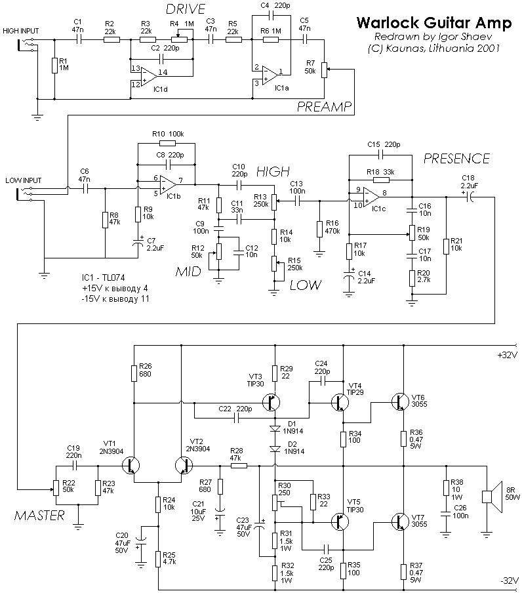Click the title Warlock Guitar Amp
point(434,23)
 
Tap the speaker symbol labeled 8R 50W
point(491,497)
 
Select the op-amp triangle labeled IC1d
point(148,77)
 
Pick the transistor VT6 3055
point(400,402)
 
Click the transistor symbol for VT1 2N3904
point(131,465)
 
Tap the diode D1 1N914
point(275,429)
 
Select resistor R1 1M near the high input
point(55,65)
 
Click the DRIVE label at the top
point(185,9)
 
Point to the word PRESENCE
point(456,159)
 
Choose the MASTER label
point(39,515)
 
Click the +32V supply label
point(508,356)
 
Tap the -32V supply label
point(508,581)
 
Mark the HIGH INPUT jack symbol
point(28,44)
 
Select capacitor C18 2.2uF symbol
point(470,197)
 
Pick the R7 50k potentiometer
point(324,70)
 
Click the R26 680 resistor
point(134,373)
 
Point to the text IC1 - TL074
point(103,277)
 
